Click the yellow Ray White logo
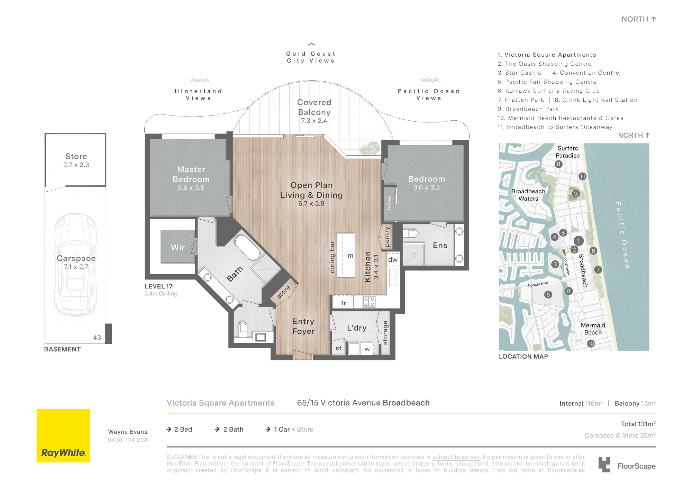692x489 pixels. tap(63, 436)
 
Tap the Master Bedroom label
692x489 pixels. tap(191, 175)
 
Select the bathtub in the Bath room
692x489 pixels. tap(247, 248)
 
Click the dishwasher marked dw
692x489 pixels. tap(393, 260)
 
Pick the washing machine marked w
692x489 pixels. tap(367, 349)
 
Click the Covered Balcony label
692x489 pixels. tap(314, 107)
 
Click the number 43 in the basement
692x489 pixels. tap(97, 338)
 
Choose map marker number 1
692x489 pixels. tap(579, 241)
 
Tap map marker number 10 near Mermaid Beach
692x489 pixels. tap(591, 343)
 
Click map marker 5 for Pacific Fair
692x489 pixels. tap(548, 295)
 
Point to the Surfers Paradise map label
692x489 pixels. tap(568, 152)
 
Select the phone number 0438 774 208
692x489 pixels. tap(128, 440)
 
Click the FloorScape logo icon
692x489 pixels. tap(604, 464)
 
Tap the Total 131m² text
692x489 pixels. tap(638, 424)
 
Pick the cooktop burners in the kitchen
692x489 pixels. tap(369, 302)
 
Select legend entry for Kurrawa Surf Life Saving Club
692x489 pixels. tap(549, 91)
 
